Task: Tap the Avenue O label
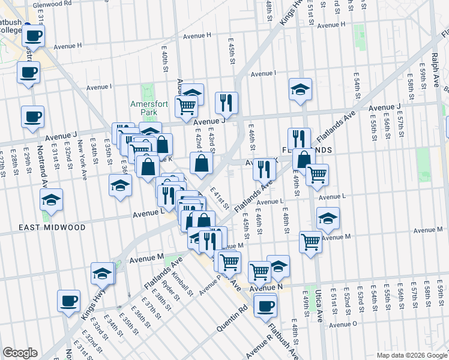(343, 324)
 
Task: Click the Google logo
(19, 353)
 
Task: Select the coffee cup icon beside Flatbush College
(34, 35)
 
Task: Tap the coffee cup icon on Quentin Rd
(265, 306)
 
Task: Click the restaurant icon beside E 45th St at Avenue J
(226, 103)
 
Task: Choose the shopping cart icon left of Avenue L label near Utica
(317, 175)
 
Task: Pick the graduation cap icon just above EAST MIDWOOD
(52, 199)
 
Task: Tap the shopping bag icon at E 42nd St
(202, 163)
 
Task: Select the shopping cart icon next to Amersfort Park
(187, 106)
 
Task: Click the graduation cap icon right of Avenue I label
(300, 89)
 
